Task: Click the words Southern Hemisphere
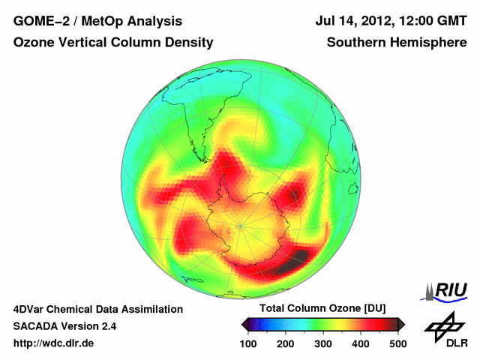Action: tap(397, 43)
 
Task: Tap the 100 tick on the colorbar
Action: tap(248, 343)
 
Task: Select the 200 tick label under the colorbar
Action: tap(286, 343)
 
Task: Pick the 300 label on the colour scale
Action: tap(323, 343)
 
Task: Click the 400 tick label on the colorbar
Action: tap(360, 343)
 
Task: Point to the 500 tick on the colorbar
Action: tap(397, 343)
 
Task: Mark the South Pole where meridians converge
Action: tap(241, 224)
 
